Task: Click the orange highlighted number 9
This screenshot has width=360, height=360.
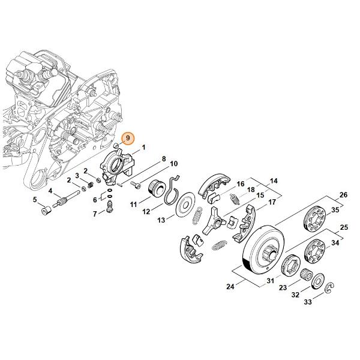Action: click(x=128, y=138)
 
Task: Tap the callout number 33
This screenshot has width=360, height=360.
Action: click(x=308, y=301)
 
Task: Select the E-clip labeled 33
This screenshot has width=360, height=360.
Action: click(x=329, y=287)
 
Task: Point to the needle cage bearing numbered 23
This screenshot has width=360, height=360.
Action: click(x=307, y=274)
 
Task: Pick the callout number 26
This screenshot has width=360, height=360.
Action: click(x=343, y=195)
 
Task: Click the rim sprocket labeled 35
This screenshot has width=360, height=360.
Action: click(x=314, y=217)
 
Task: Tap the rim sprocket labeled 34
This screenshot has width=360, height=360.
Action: click(x=315, y=251)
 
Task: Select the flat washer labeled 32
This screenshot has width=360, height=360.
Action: click(x=318, y=281)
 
